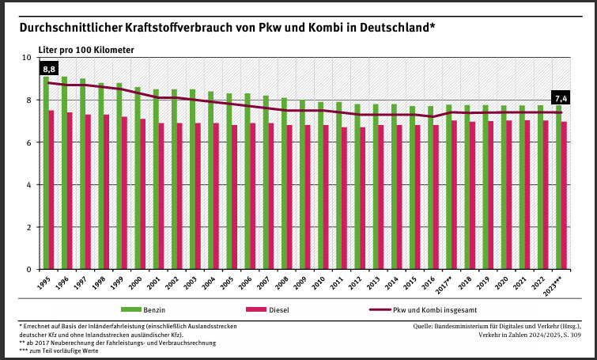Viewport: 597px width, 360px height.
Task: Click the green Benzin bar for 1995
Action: pos(46,174)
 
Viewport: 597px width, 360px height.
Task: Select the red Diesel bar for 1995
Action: pos(51,190)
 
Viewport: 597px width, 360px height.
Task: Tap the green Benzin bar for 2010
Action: pos(320,186)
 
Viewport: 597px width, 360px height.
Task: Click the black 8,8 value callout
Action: pos(49,70)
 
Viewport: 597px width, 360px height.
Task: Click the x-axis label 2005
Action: pos(226,282)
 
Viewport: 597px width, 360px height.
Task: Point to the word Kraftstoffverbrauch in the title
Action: pos(176,27)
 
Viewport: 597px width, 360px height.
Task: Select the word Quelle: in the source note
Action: pos(426,326)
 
